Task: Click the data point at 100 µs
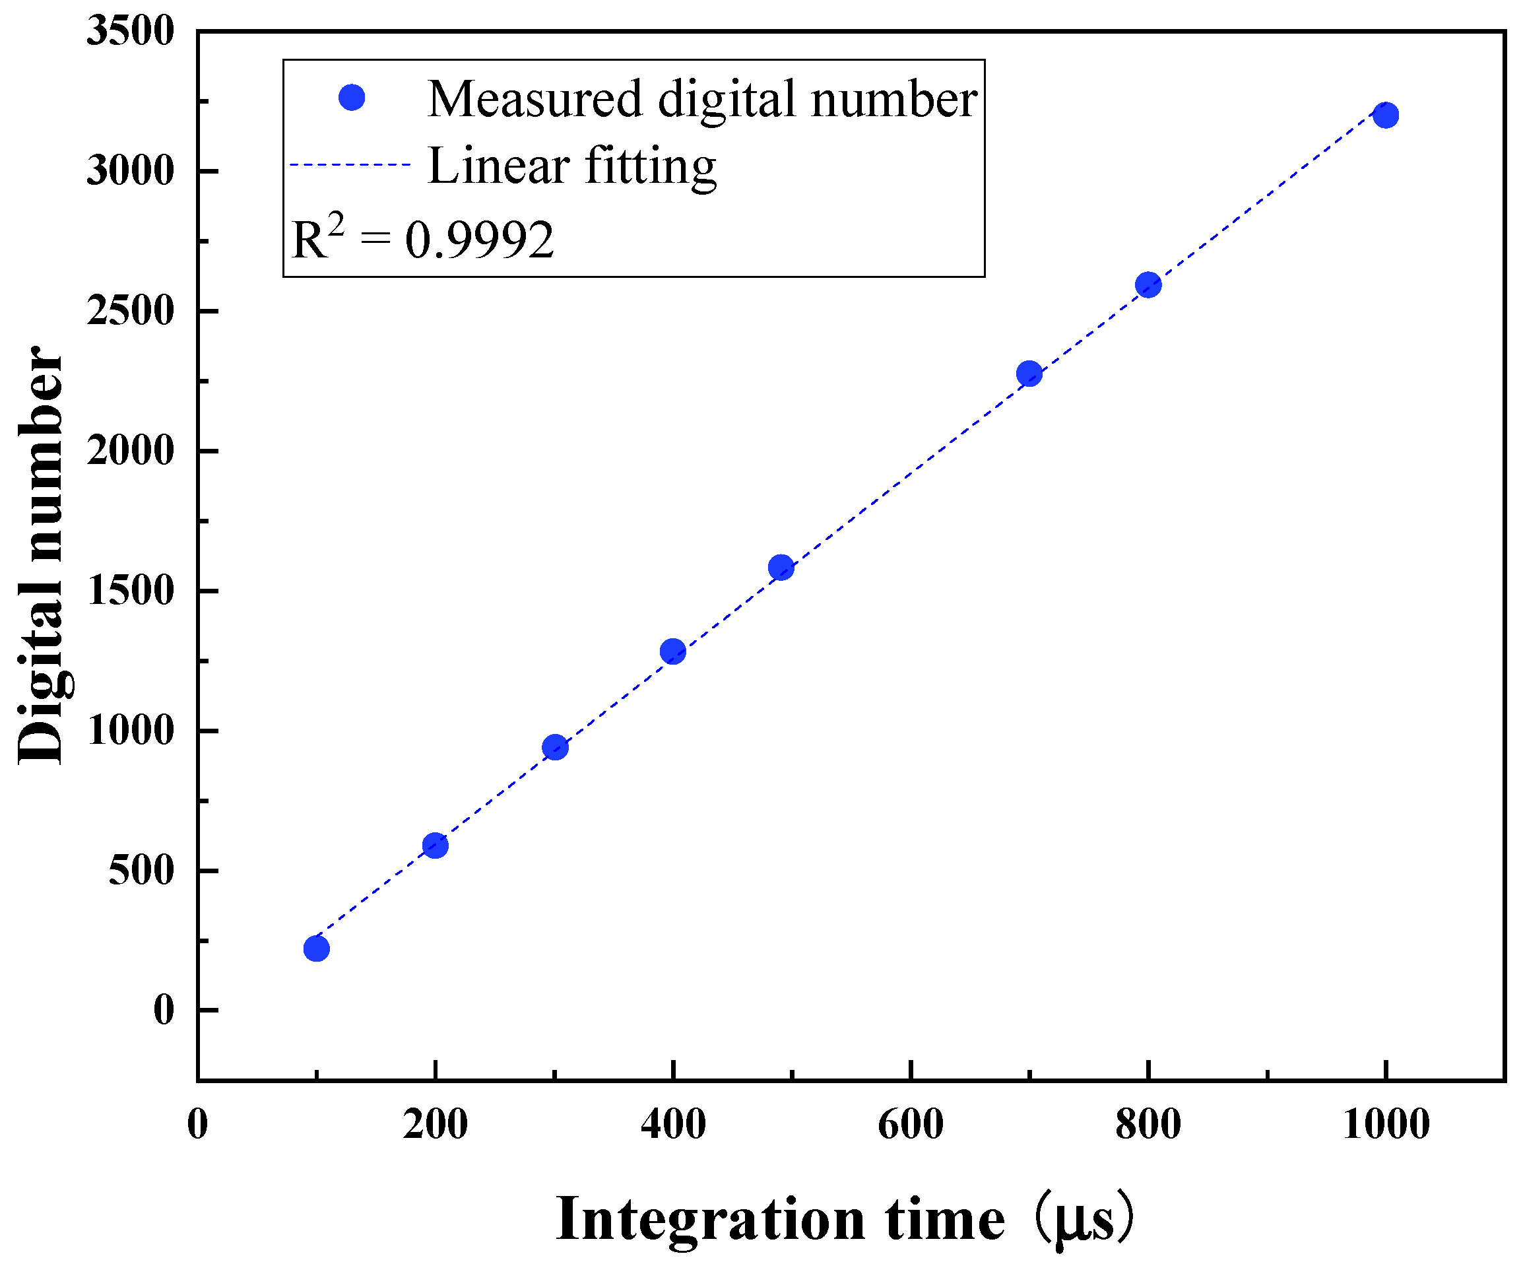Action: click(316, 948)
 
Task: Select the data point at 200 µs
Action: click(435, 845)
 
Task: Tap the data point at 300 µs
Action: click(555, 747)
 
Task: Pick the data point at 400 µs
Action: click(673, 651)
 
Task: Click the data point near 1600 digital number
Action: click(781, 567)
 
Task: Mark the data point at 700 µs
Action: click(1029, 374)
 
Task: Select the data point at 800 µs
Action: click(1148, 284)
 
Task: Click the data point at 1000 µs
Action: click(1386, 115)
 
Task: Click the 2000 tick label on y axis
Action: click(131, 451)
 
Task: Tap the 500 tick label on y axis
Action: click(141, 871)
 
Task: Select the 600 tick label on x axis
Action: click(910, 1125)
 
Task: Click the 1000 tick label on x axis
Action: click(1386, 1125)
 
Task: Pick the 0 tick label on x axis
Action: click(197, 1125)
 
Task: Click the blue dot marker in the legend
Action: click(352, 97)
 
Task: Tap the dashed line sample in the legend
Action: click(350, 164)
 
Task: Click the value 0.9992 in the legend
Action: click(479, 240)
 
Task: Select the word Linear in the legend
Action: click(498, 166)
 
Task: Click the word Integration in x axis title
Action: click(710, 1219)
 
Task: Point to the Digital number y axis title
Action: click(42, 555)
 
